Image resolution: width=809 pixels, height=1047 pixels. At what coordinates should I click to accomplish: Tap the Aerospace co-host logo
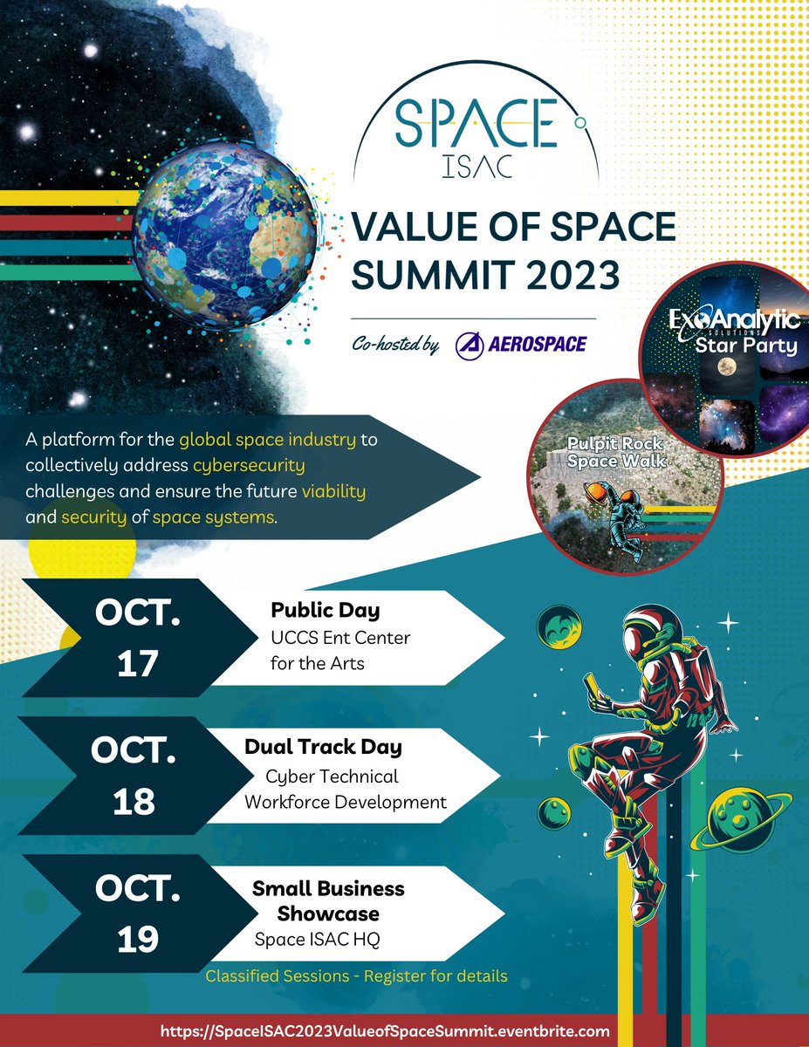pos(521,344)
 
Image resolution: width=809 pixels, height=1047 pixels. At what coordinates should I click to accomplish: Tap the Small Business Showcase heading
pos(328,900)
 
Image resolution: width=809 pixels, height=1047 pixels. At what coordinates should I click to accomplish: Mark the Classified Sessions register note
pos(356,975)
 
